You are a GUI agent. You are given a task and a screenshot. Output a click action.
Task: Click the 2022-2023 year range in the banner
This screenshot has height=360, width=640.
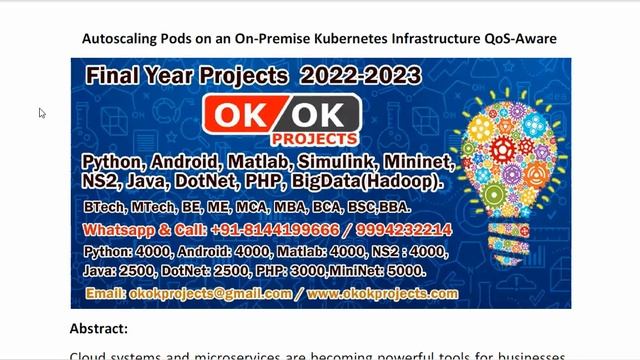pyautogui.click(x=361, y=75)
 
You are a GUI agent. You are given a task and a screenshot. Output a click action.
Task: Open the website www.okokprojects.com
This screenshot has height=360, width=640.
pyautogui.click(x=382, y=294)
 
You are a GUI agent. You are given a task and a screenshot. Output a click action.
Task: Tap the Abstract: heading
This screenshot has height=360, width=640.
pyautogui.click(x=99, y=328)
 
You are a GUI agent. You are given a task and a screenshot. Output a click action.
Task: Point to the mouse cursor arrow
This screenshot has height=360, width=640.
pyautogui.click(x=42, y=113)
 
